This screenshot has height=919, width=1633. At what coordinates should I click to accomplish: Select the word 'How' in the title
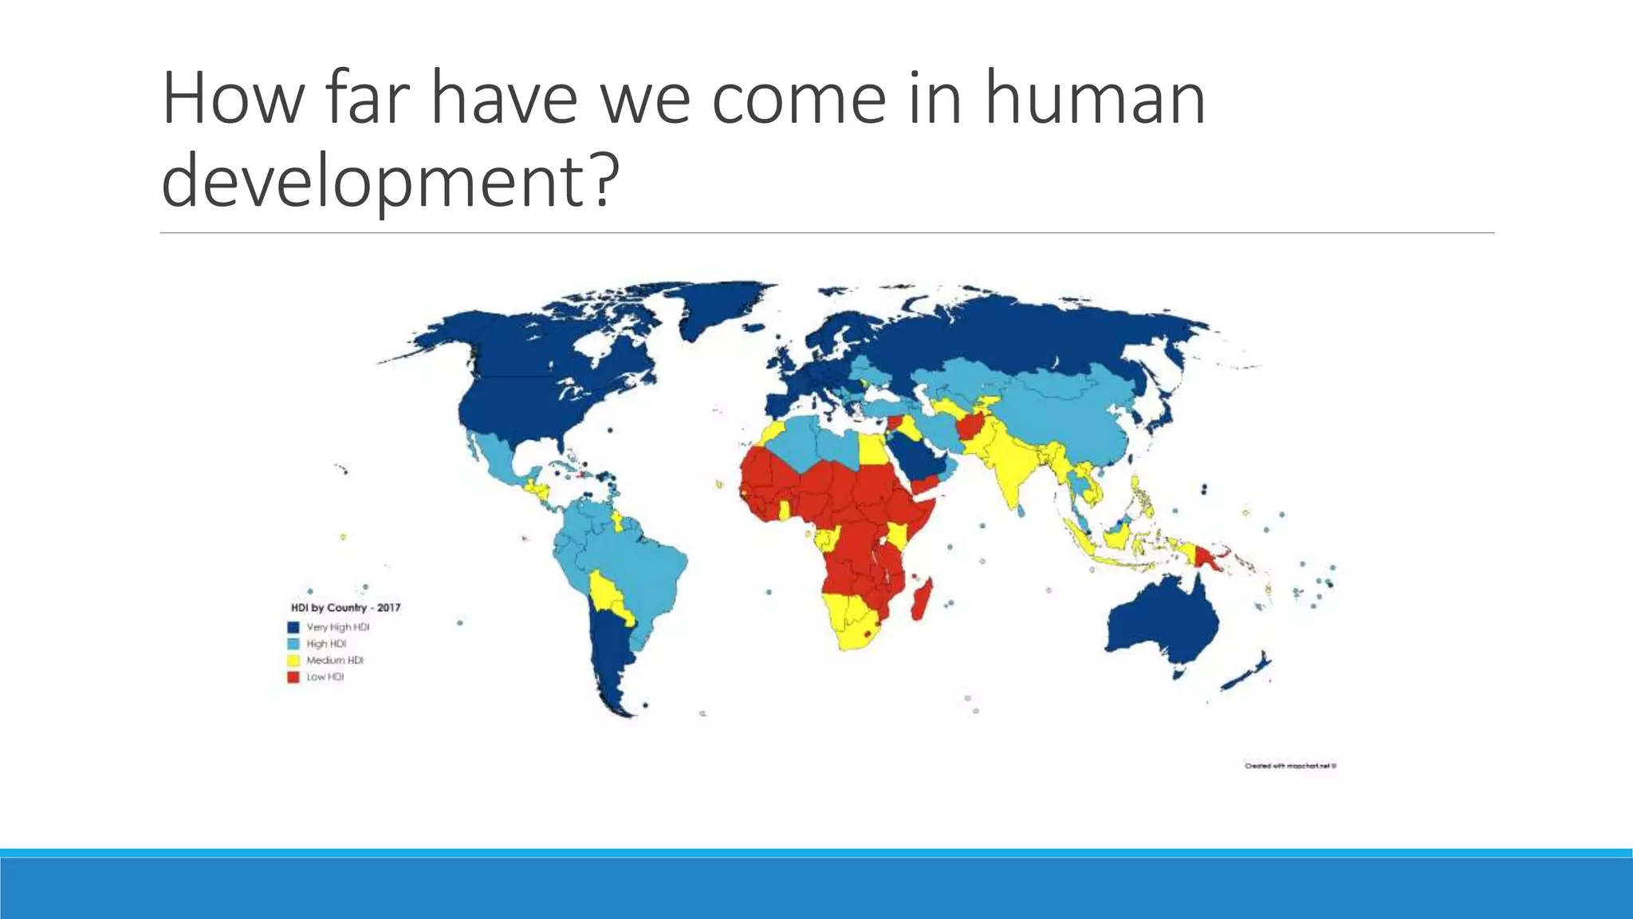point(232,99)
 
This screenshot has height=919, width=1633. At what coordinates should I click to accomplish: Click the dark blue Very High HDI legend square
point(293,627)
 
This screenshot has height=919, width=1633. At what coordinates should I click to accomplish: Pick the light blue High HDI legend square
point(293,644)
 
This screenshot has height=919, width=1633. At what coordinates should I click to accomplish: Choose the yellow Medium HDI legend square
point(293,661)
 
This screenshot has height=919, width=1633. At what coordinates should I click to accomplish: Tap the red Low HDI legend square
point(293,677)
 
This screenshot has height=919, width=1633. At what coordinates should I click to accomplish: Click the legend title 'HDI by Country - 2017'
point(345,608)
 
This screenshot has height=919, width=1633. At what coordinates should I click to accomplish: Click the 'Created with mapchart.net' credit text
point(1290,766)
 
